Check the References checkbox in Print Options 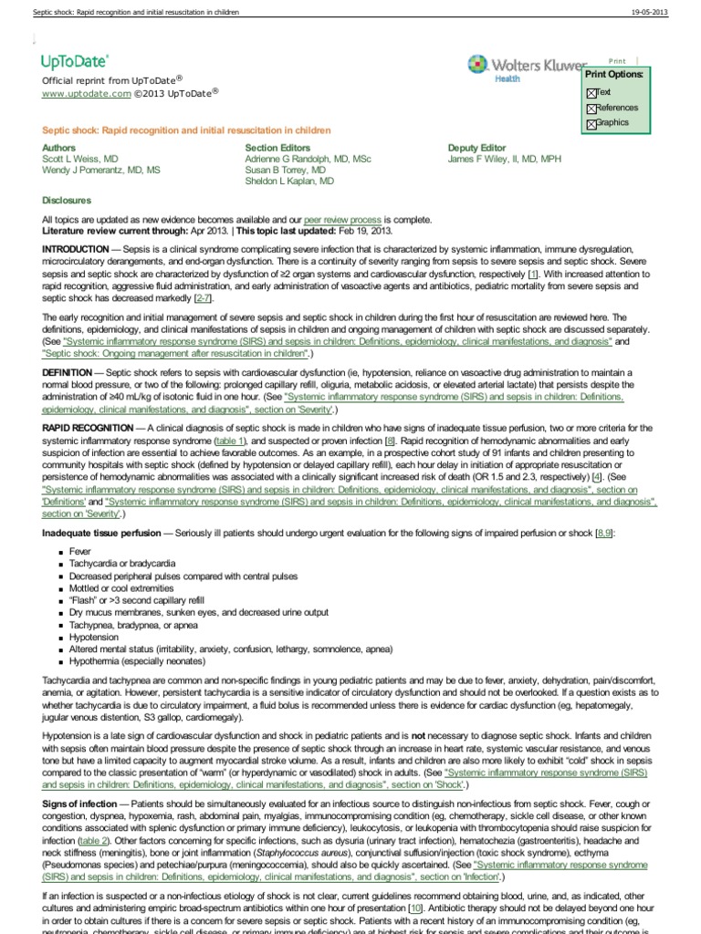[591, 109]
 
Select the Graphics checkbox [591, 124]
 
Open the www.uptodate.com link [81, 93]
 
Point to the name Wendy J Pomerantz [100, 171]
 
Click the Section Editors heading [277, 148]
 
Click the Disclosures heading [67, 200]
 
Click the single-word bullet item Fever [81, 551]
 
